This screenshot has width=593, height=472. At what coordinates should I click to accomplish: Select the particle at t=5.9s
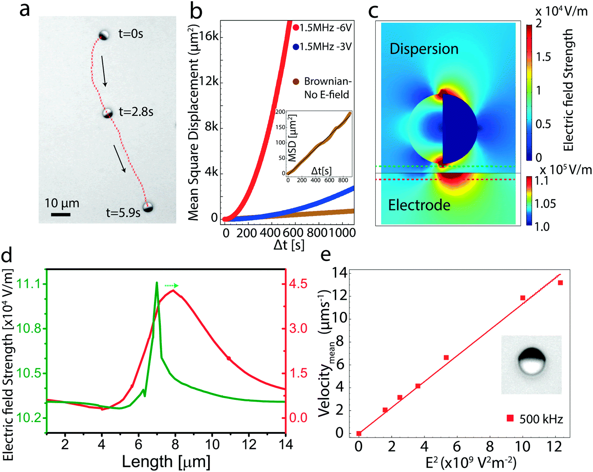click(148, 207)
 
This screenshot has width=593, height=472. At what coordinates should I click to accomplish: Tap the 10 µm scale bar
click(60, 214)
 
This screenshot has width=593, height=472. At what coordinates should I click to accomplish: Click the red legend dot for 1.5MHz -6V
click(296, 28)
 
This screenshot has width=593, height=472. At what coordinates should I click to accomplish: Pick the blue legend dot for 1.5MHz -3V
click(296, 46)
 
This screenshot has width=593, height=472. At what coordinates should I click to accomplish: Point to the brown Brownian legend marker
click(296, 82)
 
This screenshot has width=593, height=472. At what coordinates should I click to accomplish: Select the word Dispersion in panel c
click(424, 49)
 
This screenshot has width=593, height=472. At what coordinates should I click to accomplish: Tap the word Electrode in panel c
click(419, 205)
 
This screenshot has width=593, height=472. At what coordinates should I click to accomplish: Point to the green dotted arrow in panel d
click(171, 285)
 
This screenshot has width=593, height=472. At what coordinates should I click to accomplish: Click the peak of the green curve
click(157, 283)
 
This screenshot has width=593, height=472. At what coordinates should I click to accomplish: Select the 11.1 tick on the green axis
click(28, 284)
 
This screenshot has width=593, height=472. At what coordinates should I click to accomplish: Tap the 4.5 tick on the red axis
click(298, 284)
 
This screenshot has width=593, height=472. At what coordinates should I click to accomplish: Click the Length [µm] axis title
click(166, 462)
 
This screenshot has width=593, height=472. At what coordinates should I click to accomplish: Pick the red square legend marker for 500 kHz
click(510, 418)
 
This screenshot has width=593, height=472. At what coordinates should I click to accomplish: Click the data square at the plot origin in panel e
click(359, 433)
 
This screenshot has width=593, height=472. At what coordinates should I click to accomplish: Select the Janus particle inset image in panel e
click(531, 364)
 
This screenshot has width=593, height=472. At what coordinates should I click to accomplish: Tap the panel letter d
click(7, 256)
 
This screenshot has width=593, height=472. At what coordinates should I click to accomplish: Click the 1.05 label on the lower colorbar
click(545, 203)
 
